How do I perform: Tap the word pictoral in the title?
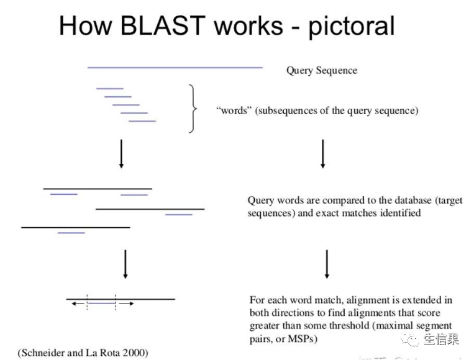point(352,26)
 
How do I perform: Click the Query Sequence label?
point(321,71)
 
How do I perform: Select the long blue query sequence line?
point(177,65)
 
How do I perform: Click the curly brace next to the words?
point(193,109)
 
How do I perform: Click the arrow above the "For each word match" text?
point(326,264)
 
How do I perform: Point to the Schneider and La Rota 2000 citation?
point(82,353)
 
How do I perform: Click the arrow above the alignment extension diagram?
point(126,264)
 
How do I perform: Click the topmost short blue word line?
point(110,88)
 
